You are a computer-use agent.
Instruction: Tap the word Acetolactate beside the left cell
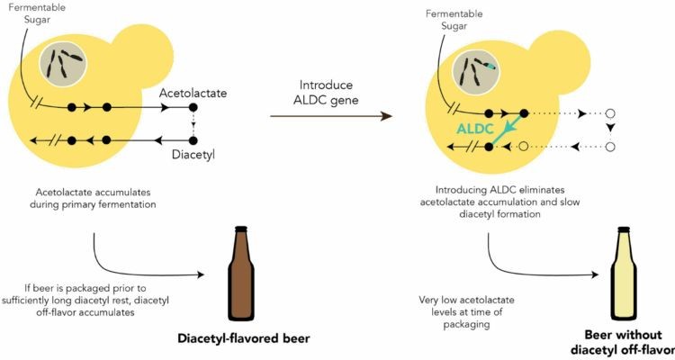(x=197, y=93)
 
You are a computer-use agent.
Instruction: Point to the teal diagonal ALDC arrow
(x=508, y=127)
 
